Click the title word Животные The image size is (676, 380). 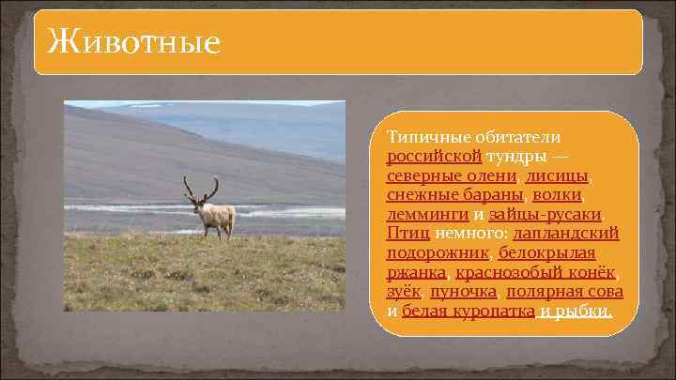coord(132,41)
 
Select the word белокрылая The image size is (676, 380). coord(546,252)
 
